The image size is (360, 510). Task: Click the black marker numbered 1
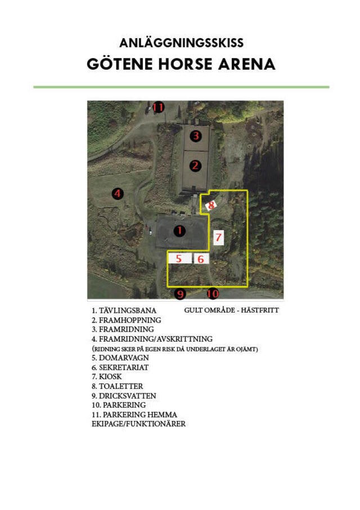[x=179, y=231]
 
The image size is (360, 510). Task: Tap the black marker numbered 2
[x=195, y=165]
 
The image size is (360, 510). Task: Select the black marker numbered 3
[x=196, y=136]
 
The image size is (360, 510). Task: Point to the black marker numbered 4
[x=118, y=194]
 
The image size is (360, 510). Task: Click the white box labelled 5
[x=179, y=258]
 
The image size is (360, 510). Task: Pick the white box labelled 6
[x=201, y=259]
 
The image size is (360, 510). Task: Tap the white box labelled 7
[x=218, y=238]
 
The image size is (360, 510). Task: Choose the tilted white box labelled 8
[x=211, y=205]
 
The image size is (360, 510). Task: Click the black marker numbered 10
[x=213, y=294]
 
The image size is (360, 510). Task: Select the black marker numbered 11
[x=158, y=107]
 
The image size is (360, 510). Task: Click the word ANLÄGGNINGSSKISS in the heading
[x=181, y=43]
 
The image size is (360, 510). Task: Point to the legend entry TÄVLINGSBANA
[x=128, y=311]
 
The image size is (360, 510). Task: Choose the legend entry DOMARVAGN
[x=124, y=358]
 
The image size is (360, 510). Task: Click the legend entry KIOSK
[x=110, y=377]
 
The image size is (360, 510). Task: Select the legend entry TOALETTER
[x=121, y=386]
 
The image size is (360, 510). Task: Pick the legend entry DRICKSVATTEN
[x=127, y=396]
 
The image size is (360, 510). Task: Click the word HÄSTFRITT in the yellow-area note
[x=260, y=310]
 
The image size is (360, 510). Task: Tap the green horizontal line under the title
[x=181, y=87]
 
